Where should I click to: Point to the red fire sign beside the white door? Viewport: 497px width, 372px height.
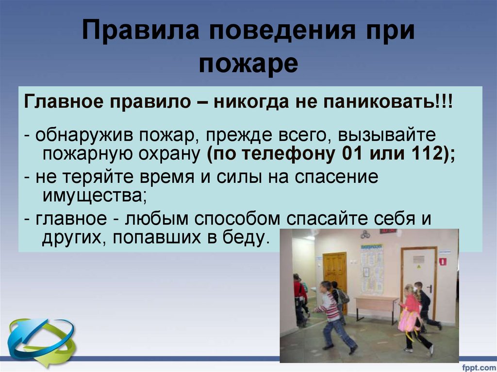pyautogui.click(x=442, y=261)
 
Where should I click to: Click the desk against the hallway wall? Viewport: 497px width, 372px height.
pyautogui.click(x=376, y=306)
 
